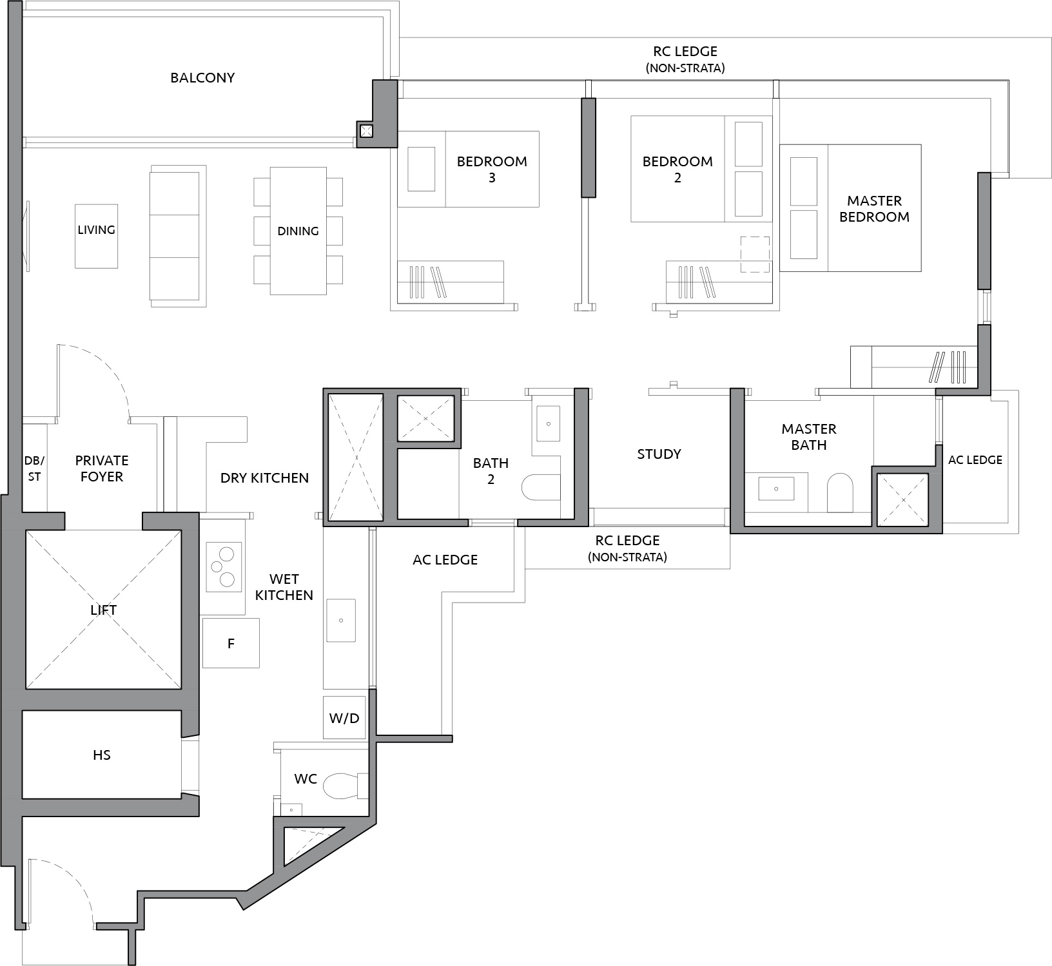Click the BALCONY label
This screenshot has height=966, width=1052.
pos(202,78)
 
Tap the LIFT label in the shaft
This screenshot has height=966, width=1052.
pos(103,610)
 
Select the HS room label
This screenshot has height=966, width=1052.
pos(102,755)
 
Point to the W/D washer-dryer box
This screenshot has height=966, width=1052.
pos(344,717)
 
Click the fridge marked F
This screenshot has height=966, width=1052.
pos(231,643)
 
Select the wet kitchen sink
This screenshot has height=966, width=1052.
pos(341,621)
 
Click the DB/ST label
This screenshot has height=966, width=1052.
pos(34,469)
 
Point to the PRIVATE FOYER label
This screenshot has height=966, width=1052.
pos(102,469)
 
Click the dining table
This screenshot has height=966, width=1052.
pos(298,231)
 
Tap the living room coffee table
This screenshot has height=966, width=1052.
pos(97,236)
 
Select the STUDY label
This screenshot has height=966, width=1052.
pos(659,454)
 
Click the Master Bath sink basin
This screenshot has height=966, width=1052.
pos(776,489)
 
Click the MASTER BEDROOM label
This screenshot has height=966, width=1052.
pos(874,209)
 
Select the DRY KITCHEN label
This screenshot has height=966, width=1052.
pos(264,478)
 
